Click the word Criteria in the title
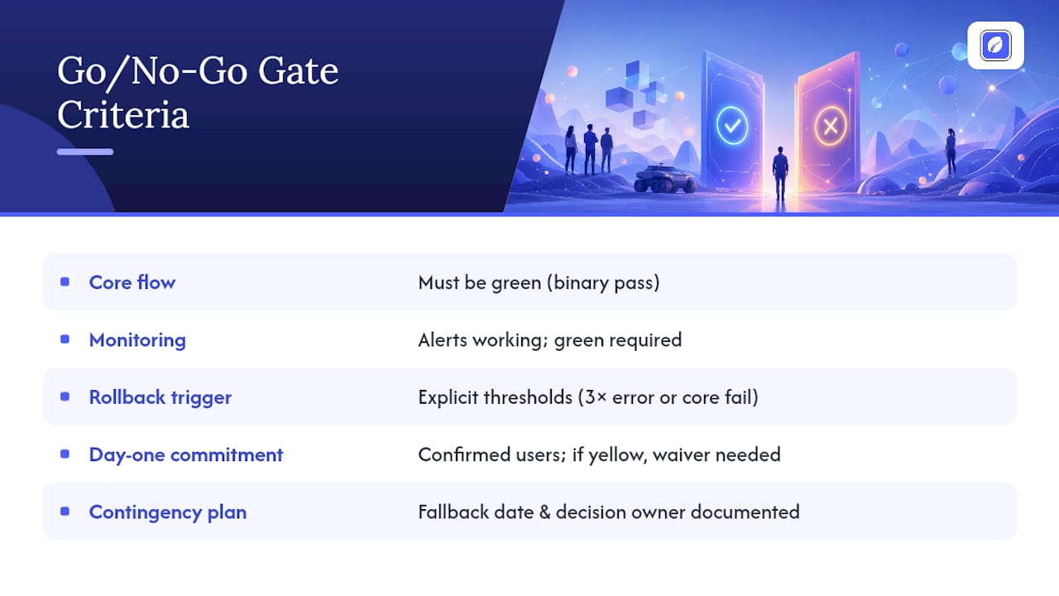point(123,115)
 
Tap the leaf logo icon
point(995,46)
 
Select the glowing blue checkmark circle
point(732,125)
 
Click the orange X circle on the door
point(830,126)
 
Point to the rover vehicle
point(664,178)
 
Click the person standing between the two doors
point(780,173)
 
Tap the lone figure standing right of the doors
point(951,153)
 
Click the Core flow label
point(132,282)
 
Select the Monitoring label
point(137,340)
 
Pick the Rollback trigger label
point(161,397)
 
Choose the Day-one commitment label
point(186,454)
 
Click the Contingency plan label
point(168,512)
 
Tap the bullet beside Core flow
point(65,282)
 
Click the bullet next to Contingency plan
point(65,512)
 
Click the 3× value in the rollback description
point(595,397)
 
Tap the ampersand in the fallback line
point(544,512)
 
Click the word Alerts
point(443,340)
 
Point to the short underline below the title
point(85,151)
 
